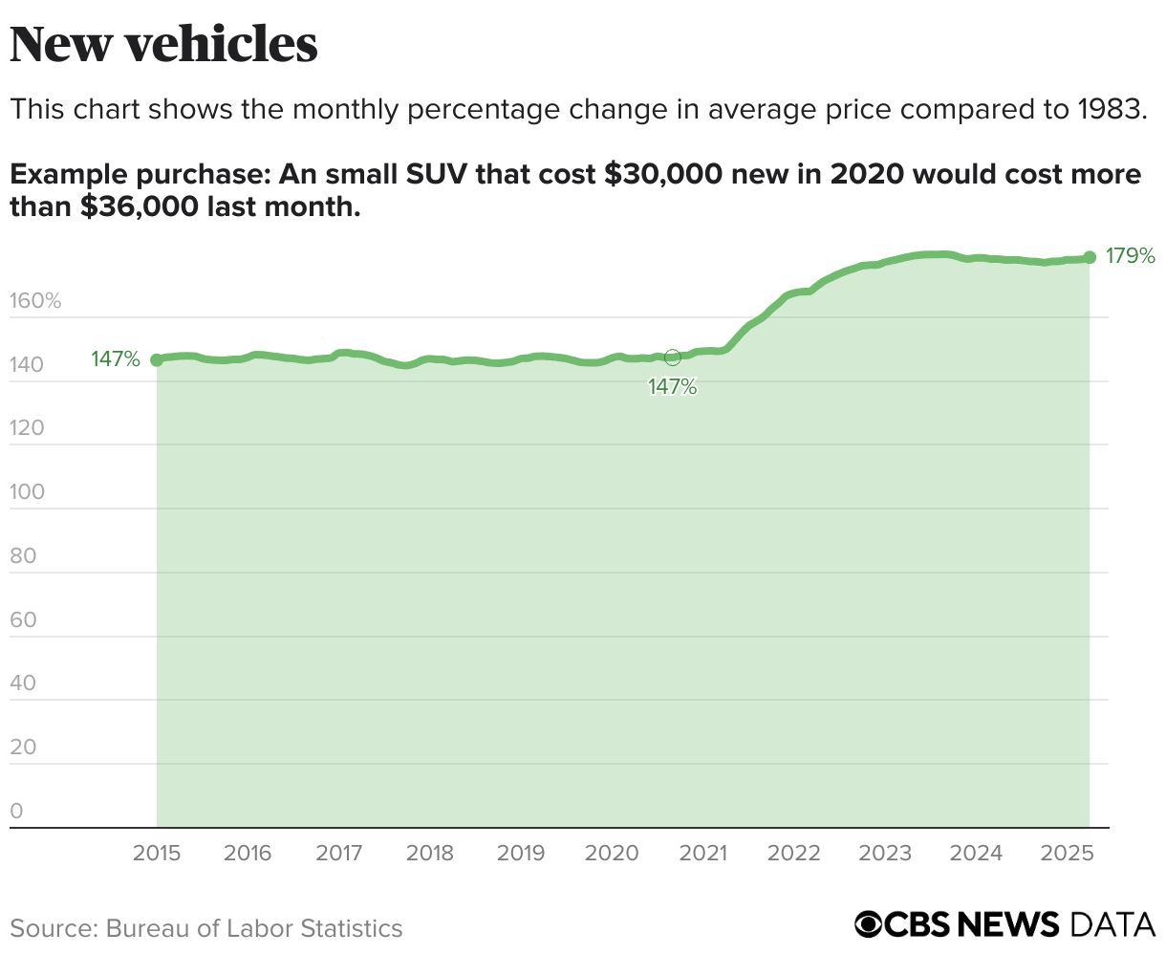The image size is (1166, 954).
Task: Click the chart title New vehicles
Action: tap(163, 44)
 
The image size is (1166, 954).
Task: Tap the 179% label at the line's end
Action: tap(1131, 256)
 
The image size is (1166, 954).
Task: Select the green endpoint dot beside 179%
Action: tap(1090, 257)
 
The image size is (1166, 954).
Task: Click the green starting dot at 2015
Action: tap(157, 360)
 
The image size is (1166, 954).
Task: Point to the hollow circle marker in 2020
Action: tap(673, 358)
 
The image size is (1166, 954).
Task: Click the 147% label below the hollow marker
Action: tap(673, 387)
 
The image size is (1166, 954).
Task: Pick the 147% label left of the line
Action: tap(116, 359)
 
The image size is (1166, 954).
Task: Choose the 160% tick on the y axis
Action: tap(35, 302)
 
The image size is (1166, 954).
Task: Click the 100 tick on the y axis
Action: tap(28, 492)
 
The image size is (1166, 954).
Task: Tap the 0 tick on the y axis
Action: tap(16, 812)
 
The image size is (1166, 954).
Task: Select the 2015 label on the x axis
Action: tap(157, 853)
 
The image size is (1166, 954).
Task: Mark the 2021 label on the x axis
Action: tap(703, 853)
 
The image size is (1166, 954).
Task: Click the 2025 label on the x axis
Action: tap(1067, 853)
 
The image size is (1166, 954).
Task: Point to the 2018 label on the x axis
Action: tap(430, 853)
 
